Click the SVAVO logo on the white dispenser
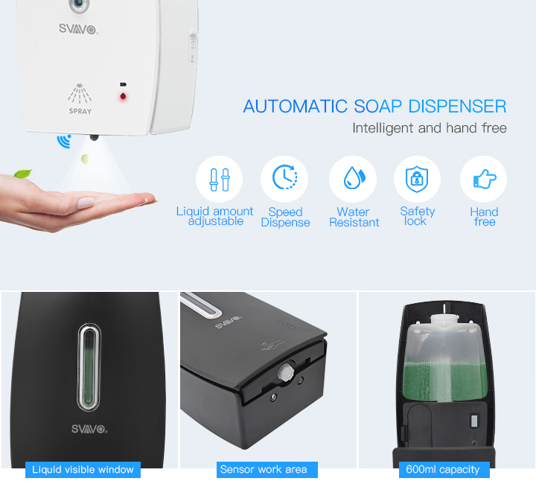coord(78,29)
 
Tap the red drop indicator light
coord(123,97)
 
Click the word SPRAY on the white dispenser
coord(80,111)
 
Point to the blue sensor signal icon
coord(64,141)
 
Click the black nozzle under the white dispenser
coord(94,138)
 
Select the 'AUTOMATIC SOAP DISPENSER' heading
coord(374,106)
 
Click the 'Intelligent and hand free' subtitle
coord(430,128)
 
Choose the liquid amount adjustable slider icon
coord(220,179)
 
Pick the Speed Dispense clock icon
coord(284,177)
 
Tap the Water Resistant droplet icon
coord(354,177)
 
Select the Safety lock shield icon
coord(417,179)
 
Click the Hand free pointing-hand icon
coord(485,179)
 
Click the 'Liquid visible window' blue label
coord(83,470)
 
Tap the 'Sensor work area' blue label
coord(267,470)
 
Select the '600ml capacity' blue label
coord(444,470)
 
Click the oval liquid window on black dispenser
coord(89,367)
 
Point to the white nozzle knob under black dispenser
coord(286,372)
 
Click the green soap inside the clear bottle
coord(444,381)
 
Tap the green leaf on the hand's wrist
coord(23,174)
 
